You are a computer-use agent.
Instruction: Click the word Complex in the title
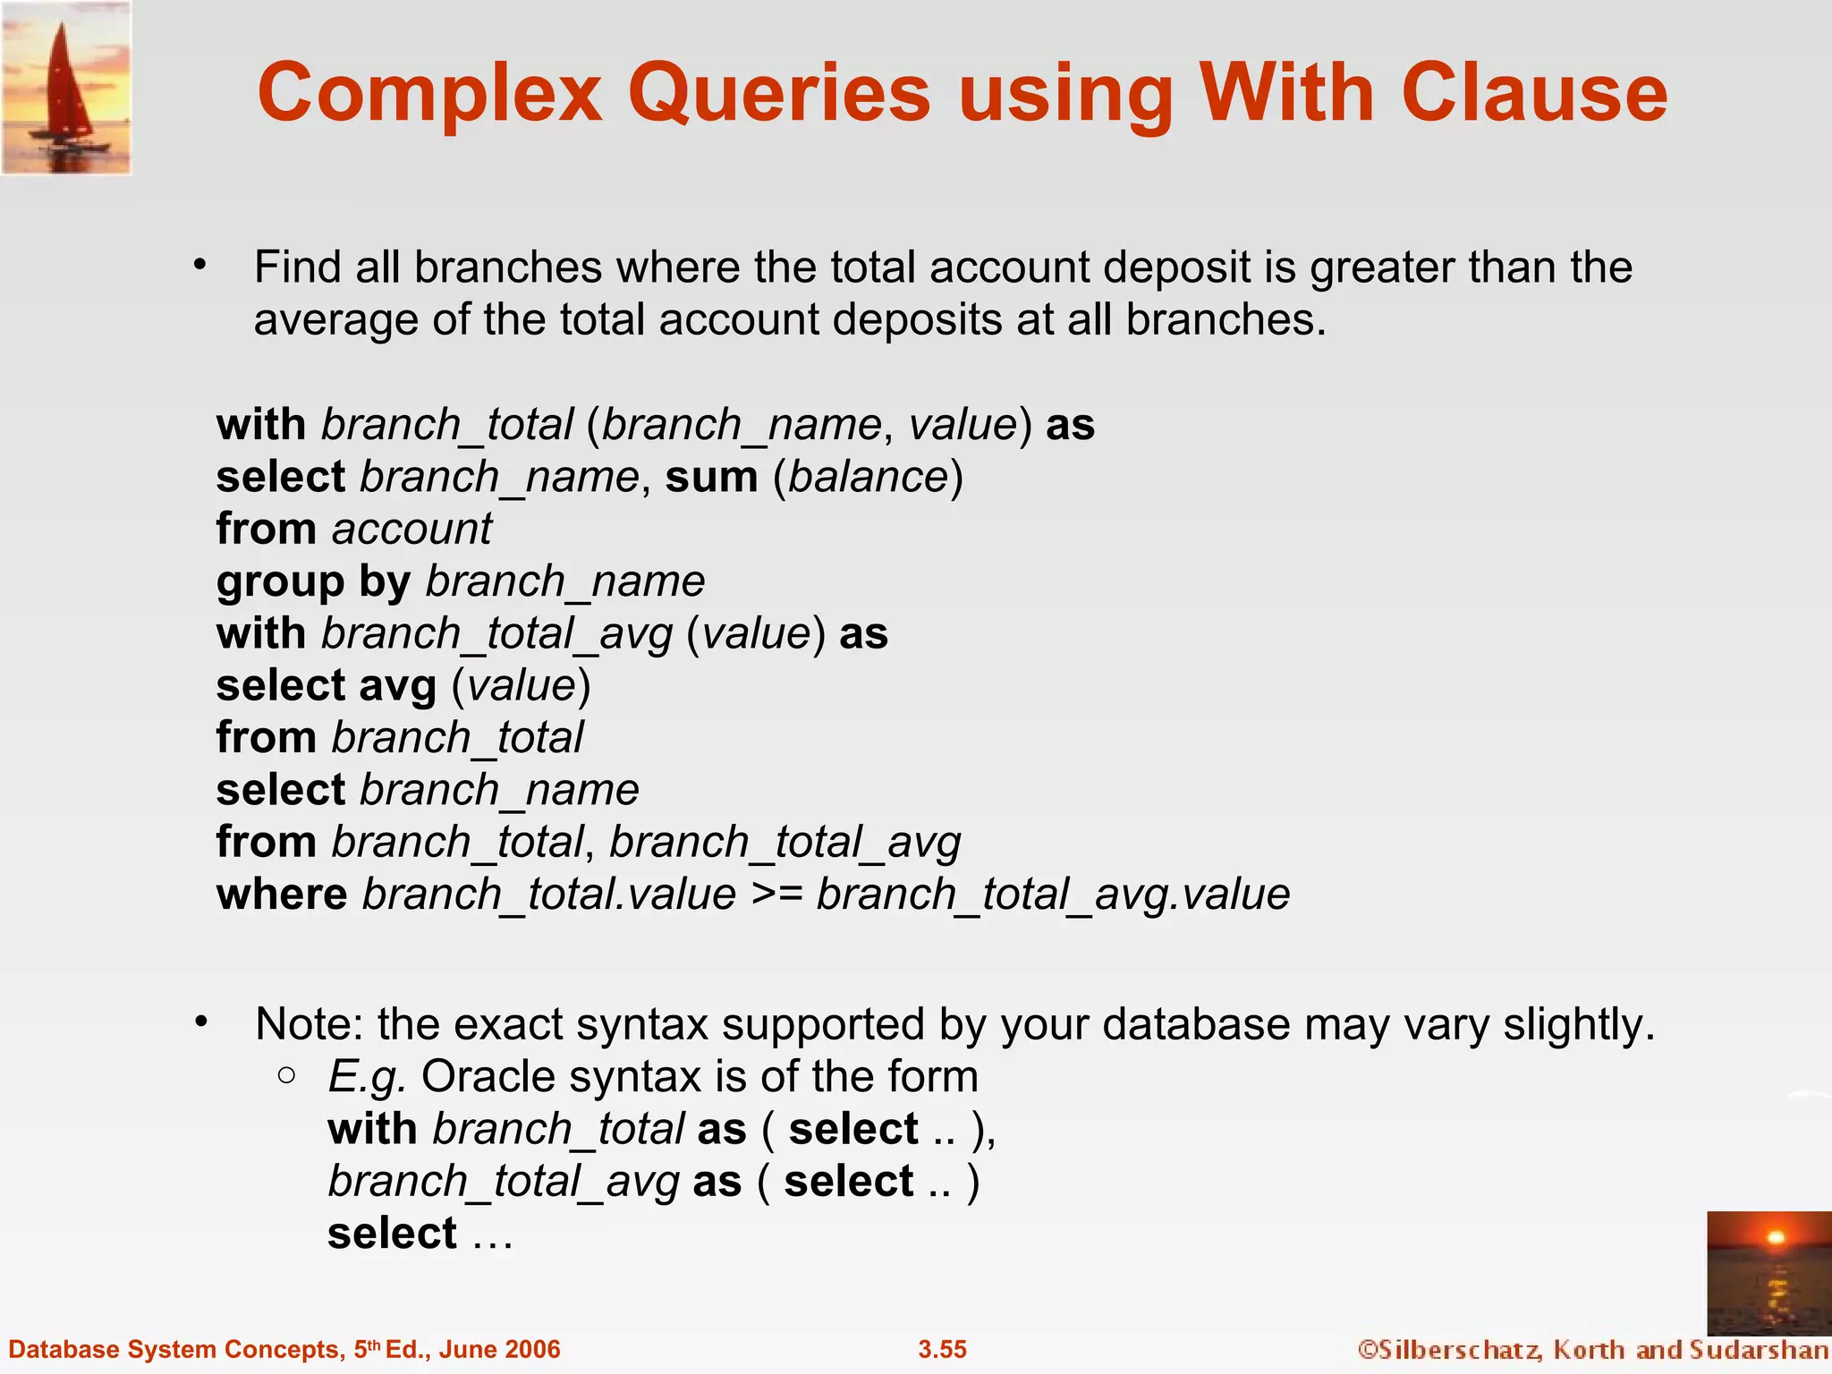429,94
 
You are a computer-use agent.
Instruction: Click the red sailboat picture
66,88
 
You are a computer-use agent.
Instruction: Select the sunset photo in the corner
1768,1273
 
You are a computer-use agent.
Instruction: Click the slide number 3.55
942,1349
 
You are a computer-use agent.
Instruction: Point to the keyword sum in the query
711,476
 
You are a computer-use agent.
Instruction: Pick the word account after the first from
411,529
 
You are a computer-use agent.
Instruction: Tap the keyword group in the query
280,582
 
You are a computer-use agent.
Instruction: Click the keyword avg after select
397,686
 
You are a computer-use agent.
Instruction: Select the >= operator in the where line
776,894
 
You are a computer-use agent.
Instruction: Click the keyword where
282,894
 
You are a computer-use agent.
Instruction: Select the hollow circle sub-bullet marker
286,1075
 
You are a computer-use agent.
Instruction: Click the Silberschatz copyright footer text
1592,1349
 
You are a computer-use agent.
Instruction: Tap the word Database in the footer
61,1349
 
